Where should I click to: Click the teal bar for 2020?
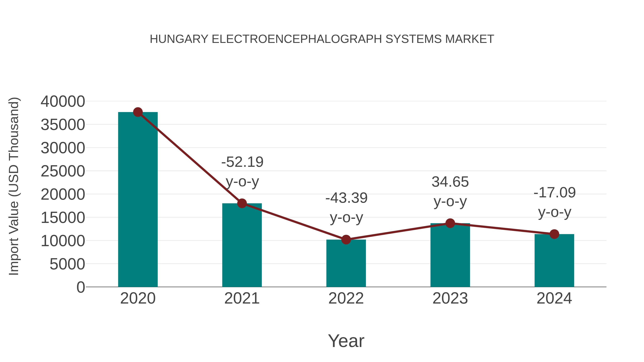coord(138,200)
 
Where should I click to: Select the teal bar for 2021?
coord(242,246)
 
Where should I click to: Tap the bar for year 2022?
coord(346,264)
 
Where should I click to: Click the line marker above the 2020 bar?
coord(138,112)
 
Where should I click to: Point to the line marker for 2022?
coord(346,240)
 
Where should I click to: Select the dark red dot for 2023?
coord(450,223)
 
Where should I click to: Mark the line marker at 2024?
coord(554,234)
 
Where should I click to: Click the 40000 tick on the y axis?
coord(63,102)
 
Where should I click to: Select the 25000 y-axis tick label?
coord(63,171)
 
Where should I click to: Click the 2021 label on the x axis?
coord(242,298)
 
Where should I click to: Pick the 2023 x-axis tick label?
coord(450,298)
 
